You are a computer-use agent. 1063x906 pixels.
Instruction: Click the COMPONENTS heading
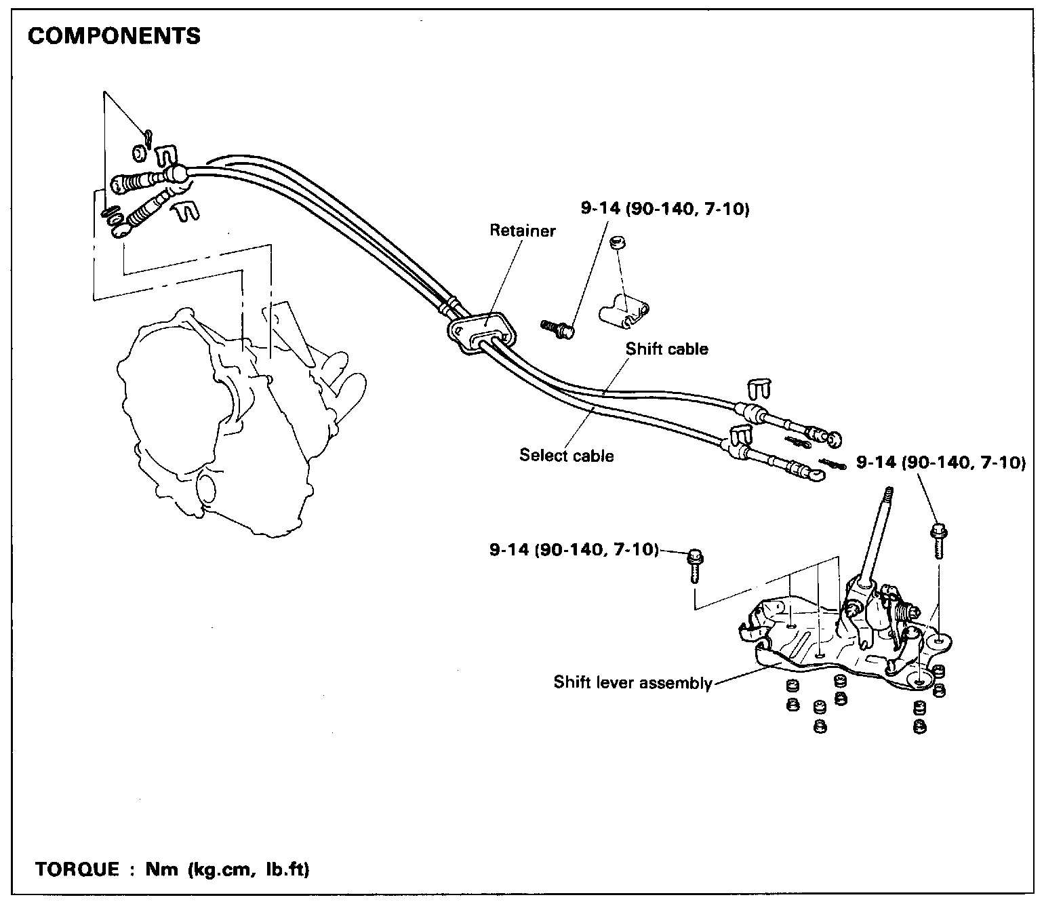(x=114, y=36)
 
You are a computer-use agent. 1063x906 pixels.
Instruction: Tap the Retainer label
(x=523, y=231)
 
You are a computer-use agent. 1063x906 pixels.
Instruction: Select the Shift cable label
(x=666, y=349)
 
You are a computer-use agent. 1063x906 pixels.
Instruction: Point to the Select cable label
(x=567, y=455)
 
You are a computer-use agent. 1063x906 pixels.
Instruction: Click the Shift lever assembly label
(x=633, y=682)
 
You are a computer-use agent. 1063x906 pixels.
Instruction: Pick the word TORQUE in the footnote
(x=76, y=869)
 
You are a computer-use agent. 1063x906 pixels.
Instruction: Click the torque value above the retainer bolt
(x=664, y=209)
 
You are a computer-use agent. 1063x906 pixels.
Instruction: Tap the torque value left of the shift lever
(x=574, y=549)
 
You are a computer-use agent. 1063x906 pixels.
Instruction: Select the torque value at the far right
(x=941, y=463)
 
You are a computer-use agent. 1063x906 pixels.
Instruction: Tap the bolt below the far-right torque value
(x=939, y=538)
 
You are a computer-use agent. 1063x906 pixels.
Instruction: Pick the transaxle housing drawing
(x=224, y=420)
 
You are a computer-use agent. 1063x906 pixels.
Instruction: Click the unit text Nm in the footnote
(x=159, y=869)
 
